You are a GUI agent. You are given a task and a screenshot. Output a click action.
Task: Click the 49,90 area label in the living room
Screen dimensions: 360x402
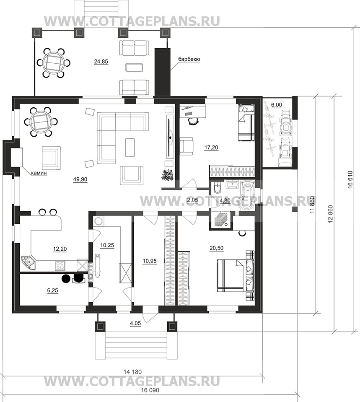coord(80,179)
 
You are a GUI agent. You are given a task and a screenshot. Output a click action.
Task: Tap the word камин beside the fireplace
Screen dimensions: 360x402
coord(39,173)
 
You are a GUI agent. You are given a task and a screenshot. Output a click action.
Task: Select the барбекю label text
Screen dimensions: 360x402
coord(189,59)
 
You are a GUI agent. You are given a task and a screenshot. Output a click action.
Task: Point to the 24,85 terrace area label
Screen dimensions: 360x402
coord(101,62)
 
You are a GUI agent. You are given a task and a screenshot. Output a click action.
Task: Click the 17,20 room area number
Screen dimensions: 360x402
coord(211,148)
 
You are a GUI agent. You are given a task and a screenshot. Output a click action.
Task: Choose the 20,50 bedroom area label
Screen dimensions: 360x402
coord(216,248)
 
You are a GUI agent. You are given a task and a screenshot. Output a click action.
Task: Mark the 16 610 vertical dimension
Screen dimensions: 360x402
coord(350,179)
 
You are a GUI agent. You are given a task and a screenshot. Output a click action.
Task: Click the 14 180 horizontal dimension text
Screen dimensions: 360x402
coord(132,371)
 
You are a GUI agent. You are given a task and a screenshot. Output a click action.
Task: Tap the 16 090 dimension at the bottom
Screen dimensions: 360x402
coord(150,390)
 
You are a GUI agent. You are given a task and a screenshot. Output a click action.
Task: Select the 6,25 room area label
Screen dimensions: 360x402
coord(52,290)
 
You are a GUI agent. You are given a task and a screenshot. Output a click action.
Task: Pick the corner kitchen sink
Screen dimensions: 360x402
coord(29,262)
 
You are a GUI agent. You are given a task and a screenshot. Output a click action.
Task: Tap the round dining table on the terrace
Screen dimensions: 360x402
coord(54,62)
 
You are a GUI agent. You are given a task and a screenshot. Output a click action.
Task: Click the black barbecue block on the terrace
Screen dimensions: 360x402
coord(163,72)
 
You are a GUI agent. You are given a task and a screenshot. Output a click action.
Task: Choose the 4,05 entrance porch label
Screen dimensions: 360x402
coord(135,324)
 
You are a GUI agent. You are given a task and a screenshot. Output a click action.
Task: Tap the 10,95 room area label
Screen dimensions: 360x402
coord(150,261)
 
